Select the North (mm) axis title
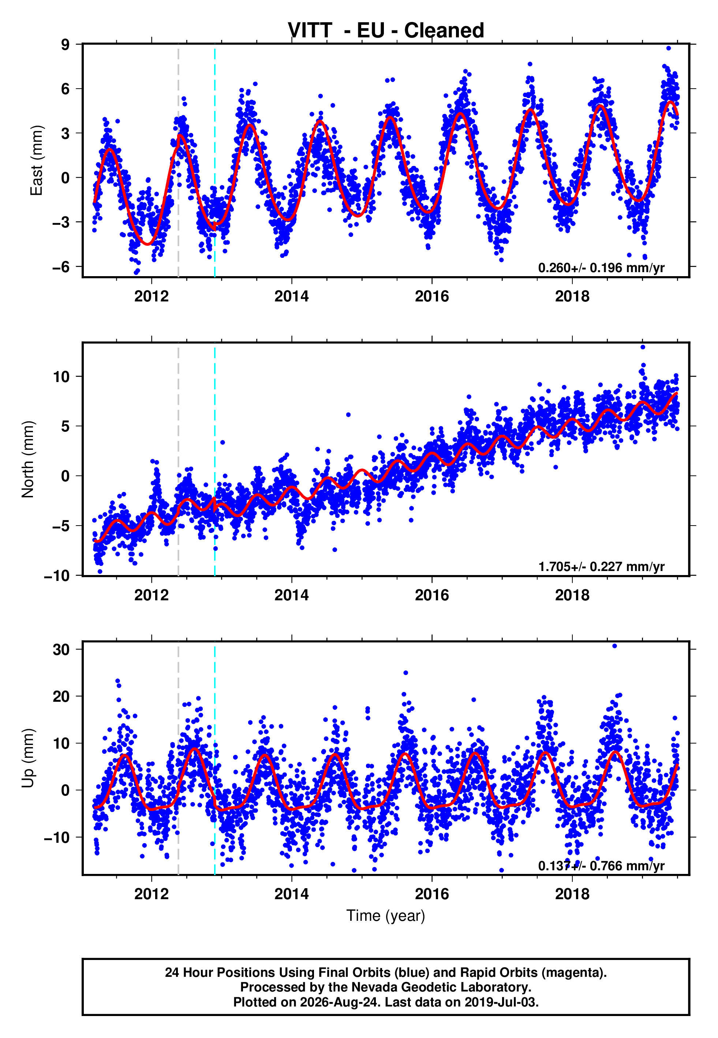(x=27, y=459)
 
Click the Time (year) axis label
(x=386, y=916)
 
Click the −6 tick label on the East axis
(x=61, y=267)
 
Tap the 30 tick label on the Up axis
(x=61, y=649)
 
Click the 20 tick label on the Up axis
(x=61, y=696)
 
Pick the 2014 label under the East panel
(x=292, y=296)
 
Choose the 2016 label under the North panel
(x=432, y=595)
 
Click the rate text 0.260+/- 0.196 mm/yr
(x=601, y=268)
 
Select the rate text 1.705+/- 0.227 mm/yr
(x=601, y=567)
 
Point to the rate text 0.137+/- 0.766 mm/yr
(x=601, y=865)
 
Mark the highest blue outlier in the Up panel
(x=614, y=646)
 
